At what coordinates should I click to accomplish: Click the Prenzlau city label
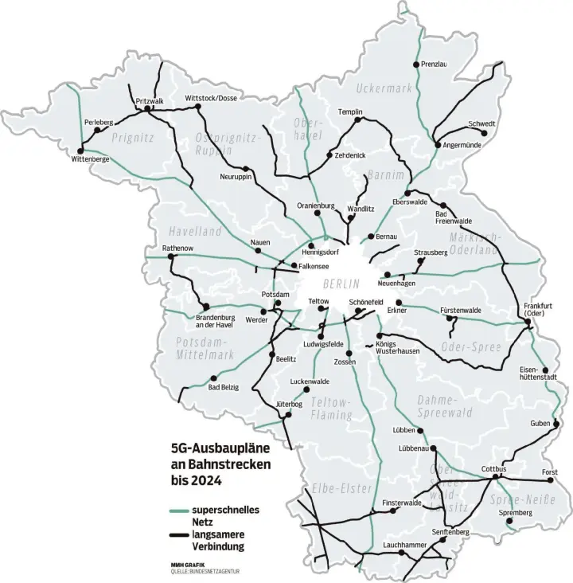[x=436, y=64]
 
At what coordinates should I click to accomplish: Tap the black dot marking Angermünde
[x=437, y=144]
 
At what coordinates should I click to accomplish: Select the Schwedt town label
[x=481, y=124]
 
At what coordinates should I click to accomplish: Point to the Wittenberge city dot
[x=80, y=149]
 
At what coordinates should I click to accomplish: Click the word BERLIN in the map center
[x=342, y=284]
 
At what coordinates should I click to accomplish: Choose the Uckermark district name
[x=385, y=88]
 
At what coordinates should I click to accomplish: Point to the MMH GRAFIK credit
[x=187, y=565]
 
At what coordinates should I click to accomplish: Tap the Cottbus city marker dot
[x=495, y=477]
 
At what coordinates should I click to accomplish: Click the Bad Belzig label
[x=224, y=387]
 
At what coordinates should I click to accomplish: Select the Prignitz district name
[x=132, y=137]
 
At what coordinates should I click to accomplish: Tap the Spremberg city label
[x=515, y=512]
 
